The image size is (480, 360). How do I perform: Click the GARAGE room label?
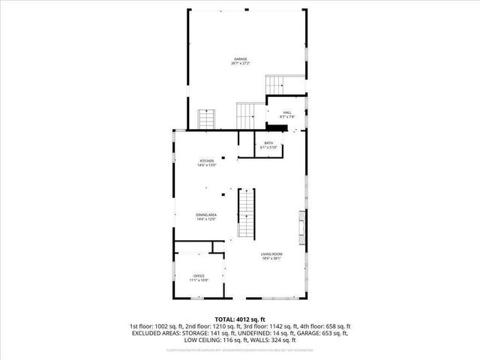pyautogui.click(x=240, y=58)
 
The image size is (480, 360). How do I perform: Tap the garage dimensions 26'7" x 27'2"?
pyautogui.click(x=240, y=64)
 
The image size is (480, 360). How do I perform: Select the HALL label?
pyautogui.click(x=287, y=112)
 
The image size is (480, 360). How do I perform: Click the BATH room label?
pyautogui.click(x=268, y=143)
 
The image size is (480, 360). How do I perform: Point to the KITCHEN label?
pyautogui.click(x=206, y=160)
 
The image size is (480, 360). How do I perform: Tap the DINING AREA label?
pyautogui.click(x=206, y=215)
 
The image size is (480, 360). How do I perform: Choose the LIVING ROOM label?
pyautogui.click(x=271, y=255)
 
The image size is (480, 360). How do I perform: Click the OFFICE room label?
pyautogui.click(x=199, y=276)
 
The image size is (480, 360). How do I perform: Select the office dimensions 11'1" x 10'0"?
pyautogui.click(x=199, y=280)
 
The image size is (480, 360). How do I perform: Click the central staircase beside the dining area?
pyautogui.click(x=247, y=213)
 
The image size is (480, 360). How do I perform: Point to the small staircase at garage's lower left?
pyautogui.click(x=206, y=118)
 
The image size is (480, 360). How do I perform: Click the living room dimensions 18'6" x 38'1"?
pyautogui.click(x=271, y=259)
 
